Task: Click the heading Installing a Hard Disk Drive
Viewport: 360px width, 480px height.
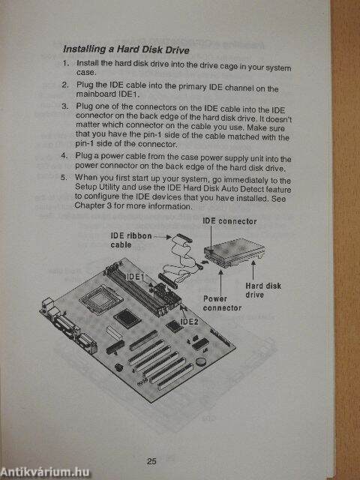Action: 126,49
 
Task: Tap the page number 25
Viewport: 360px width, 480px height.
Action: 151,461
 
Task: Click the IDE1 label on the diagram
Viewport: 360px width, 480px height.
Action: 135,277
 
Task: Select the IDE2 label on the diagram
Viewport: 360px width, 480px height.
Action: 189,322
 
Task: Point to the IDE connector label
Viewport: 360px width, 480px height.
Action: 229,221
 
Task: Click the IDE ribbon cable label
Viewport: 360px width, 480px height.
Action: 131,240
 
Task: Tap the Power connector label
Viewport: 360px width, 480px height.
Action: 222,303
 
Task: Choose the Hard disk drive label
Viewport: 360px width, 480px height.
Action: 263,290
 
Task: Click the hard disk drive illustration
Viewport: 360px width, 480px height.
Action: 235,253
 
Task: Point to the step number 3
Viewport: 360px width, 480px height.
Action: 64,106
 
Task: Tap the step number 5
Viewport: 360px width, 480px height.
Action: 63,177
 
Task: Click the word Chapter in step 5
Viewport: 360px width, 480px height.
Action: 86,205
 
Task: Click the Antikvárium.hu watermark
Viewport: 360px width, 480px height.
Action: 45,472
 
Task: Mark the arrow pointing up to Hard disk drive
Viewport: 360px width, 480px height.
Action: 253,271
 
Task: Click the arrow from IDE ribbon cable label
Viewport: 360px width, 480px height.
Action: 162,237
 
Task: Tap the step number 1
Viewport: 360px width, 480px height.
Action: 66,63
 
